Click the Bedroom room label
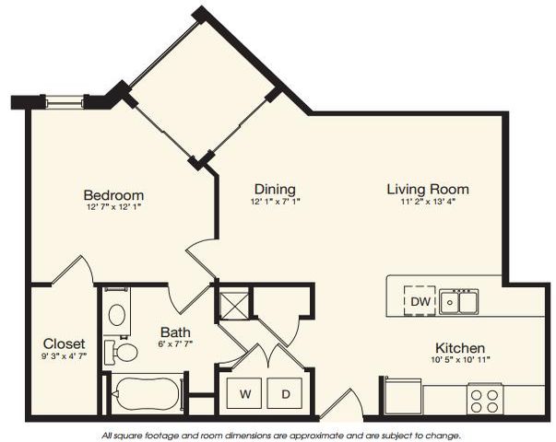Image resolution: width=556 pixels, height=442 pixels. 113,195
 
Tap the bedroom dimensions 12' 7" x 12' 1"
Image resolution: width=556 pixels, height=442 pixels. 113,207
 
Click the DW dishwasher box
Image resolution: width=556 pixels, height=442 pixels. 420,301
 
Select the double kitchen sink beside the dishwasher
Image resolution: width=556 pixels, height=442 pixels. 458,301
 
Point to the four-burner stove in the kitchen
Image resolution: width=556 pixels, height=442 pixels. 485,400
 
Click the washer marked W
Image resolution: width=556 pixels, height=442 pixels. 245,394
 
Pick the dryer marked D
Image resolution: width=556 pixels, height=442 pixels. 286,394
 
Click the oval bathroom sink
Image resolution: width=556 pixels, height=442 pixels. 117,315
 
